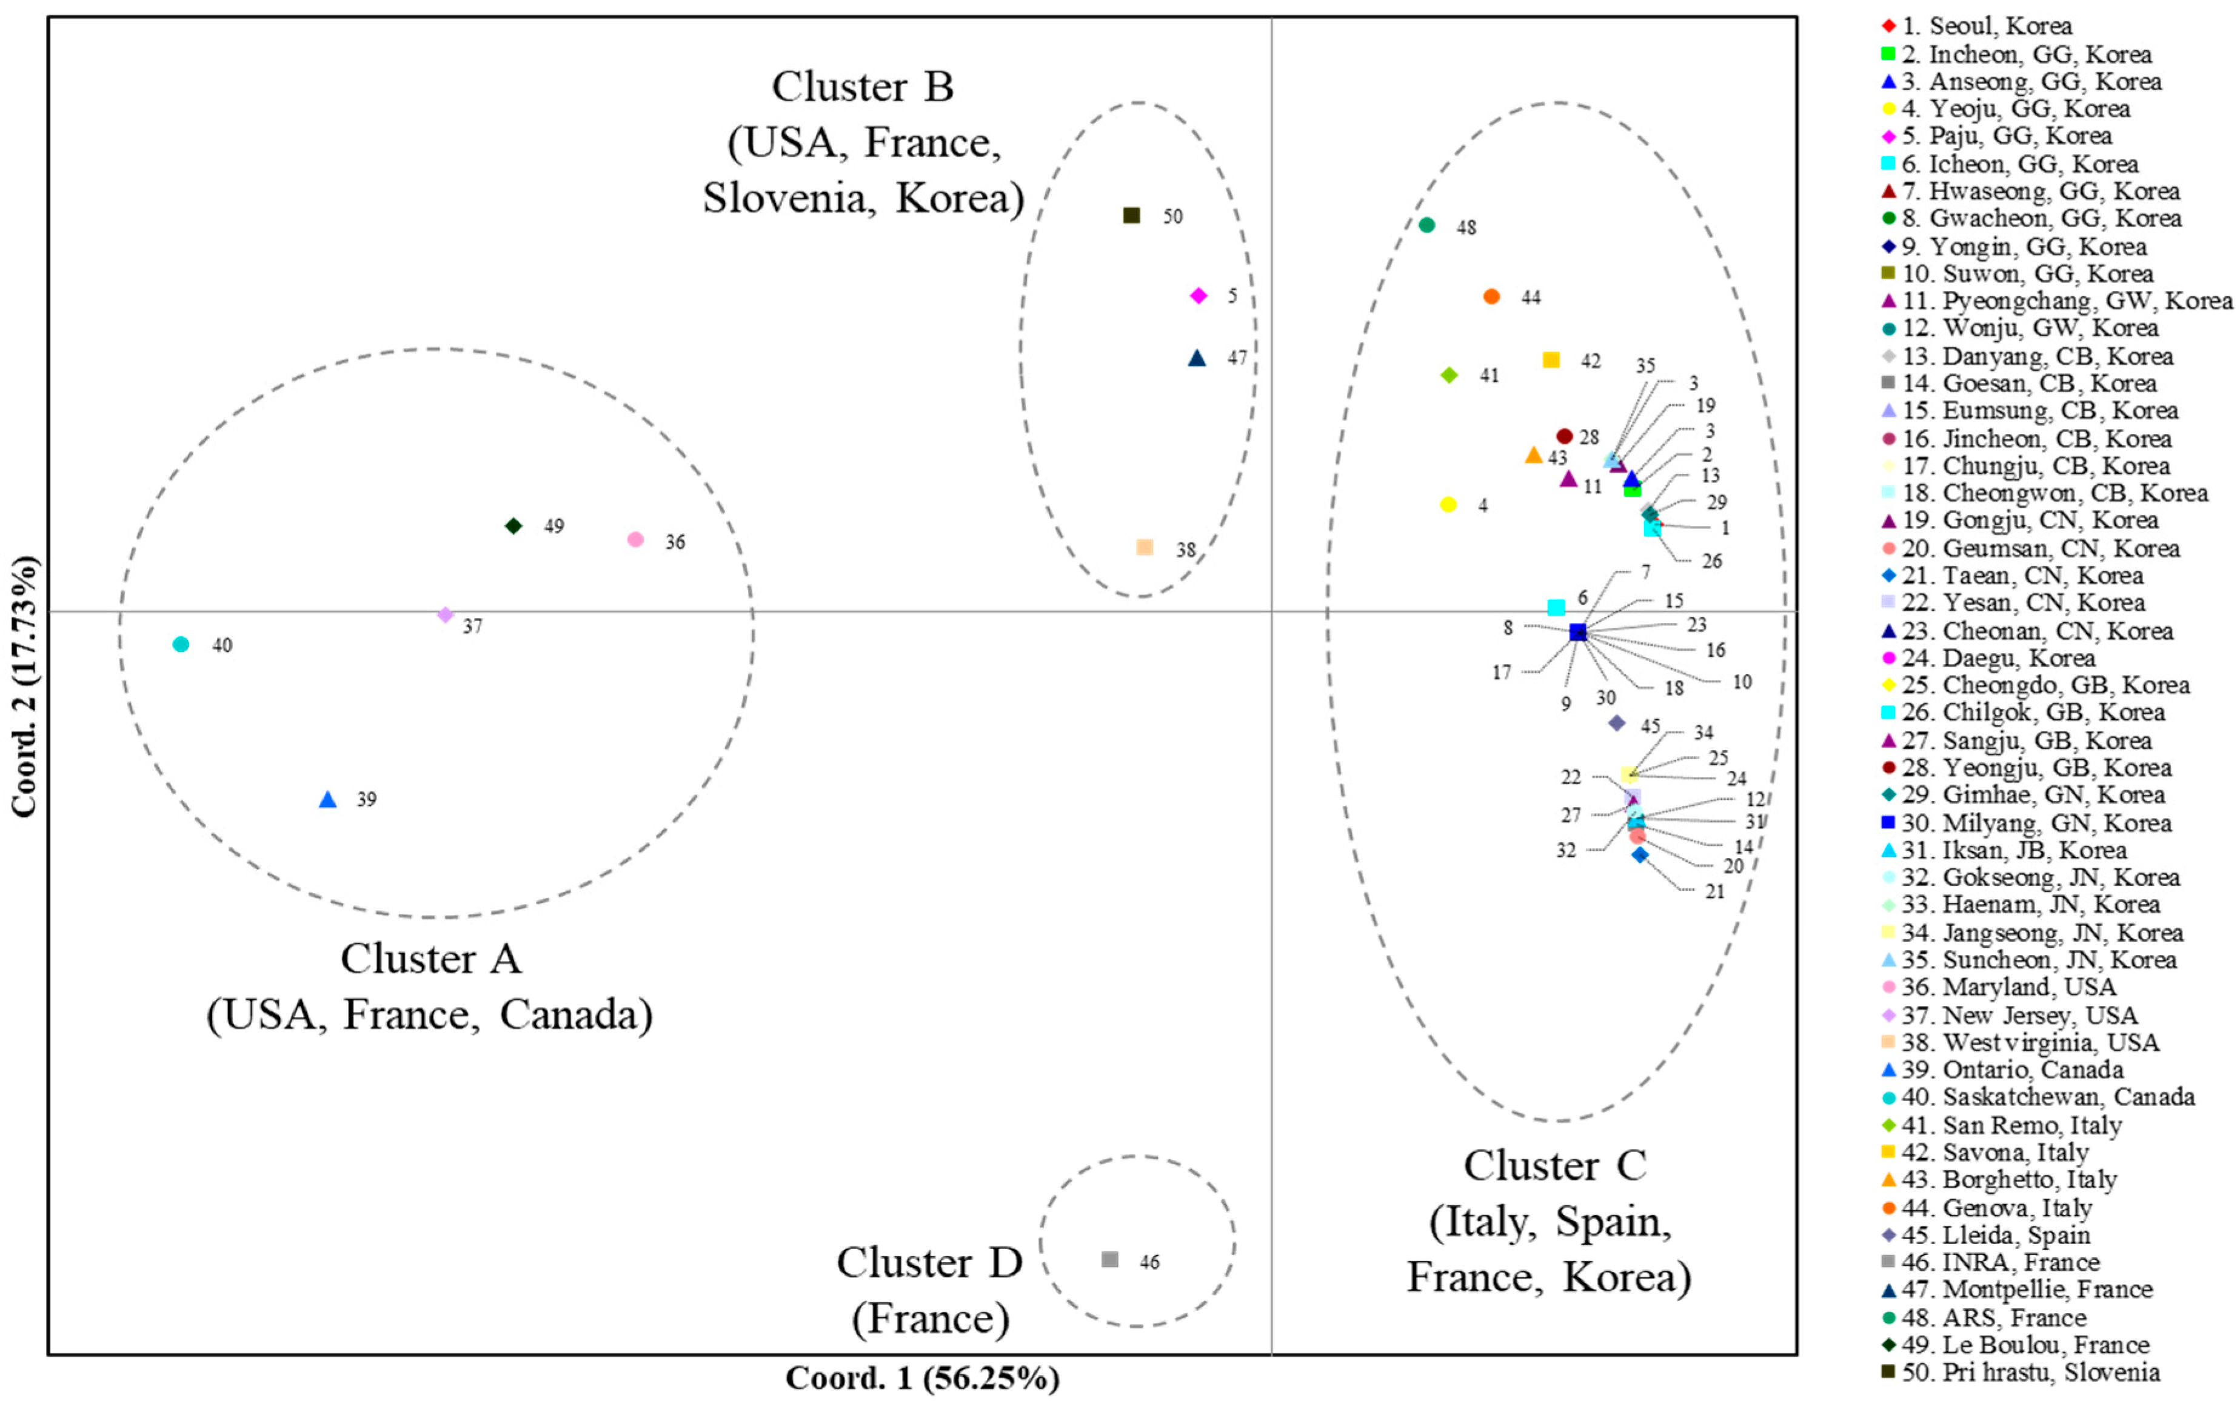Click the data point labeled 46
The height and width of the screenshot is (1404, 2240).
(1109, 1259)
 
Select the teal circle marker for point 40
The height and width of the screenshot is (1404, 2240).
(181, 644)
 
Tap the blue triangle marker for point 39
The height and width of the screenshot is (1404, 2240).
(327, 799)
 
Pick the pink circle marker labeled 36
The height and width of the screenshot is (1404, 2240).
(635, 539)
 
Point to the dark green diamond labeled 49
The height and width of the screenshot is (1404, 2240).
(513, 525)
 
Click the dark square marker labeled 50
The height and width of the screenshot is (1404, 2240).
(1131, 216)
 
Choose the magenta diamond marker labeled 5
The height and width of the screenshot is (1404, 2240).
(1198, 295)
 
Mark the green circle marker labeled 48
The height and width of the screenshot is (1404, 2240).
(1428, 225)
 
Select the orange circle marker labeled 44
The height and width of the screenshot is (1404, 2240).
(1491, 296)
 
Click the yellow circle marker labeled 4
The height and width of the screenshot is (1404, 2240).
(1448, 504)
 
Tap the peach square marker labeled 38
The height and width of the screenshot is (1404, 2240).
(1144, 548)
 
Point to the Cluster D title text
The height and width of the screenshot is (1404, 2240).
(929, 1263)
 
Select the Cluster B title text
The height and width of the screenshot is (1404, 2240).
(863, 87)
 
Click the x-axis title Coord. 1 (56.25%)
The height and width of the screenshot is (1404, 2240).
(922, 1378)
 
